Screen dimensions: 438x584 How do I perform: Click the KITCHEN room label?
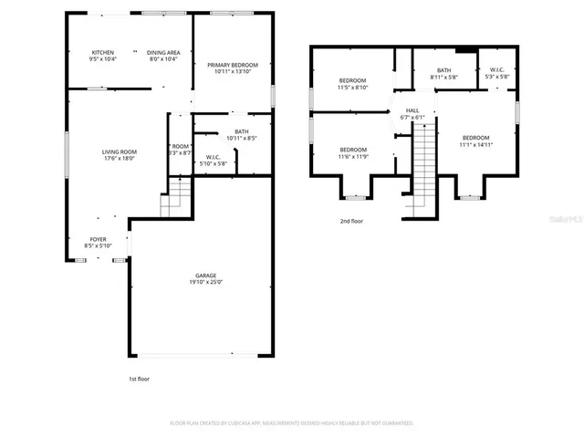tap(102, 52)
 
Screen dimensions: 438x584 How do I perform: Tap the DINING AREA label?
tap(164, 52)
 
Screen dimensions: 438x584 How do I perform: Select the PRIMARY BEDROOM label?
tap(232, 65)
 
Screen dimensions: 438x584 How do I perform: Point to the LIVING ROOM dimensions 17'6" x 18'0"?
tap(119, 158)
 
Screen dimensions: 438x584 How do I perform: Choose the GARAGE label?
tap(204, 275)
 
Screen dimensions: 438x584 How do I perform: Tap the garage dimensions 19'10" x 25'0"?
tap(204, 282)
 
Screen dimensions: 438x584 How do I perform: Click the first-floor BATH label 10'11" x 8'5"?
tap(241, 131)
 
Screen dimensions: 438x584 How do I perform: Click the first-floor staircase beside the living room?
tap(175, 196)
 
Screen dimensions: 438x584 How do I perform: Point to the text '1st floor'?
tap(139, 378)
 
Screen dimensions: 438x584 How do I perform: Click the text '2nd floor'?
tap(351, 221)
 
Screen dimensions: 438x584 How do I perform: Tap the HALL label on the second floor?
tap(412, 110)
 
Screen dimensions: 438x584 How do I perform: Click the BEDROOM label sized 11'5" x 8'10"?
tap(352, 82)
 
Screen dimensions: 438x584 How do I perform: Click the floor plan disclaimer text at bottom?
tap(292, 423)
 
